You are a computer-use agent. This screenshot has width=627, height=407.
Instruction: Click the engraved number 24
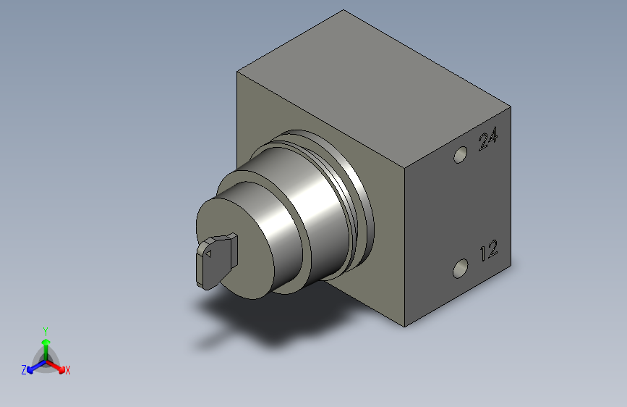point(488,138)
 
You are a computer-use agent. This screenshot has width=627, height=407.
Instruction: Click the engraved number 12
point(489,251)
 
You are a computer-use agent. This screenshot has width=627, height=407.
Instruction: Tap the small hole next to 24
point(460,155)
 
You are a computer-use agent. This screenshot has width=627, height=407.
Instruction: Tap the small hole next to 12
point(460,269)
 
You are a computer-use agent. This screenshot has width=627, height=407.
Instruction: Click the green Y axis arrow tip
point(46,343)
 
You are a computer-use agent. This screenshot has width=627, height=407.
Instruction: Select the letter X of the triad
point(67,370)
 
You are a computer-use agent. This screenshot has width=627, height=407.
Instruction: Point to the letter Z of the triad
point(24,370)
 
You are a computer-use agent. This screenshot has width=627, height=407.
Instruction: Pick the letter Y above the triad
point(46,332)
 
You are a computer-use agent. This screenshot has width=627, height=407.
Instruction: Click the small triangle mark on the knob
point(208,253)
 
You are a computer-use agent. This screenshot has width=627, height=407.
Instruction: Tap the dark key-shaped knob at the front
point(216,261)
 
